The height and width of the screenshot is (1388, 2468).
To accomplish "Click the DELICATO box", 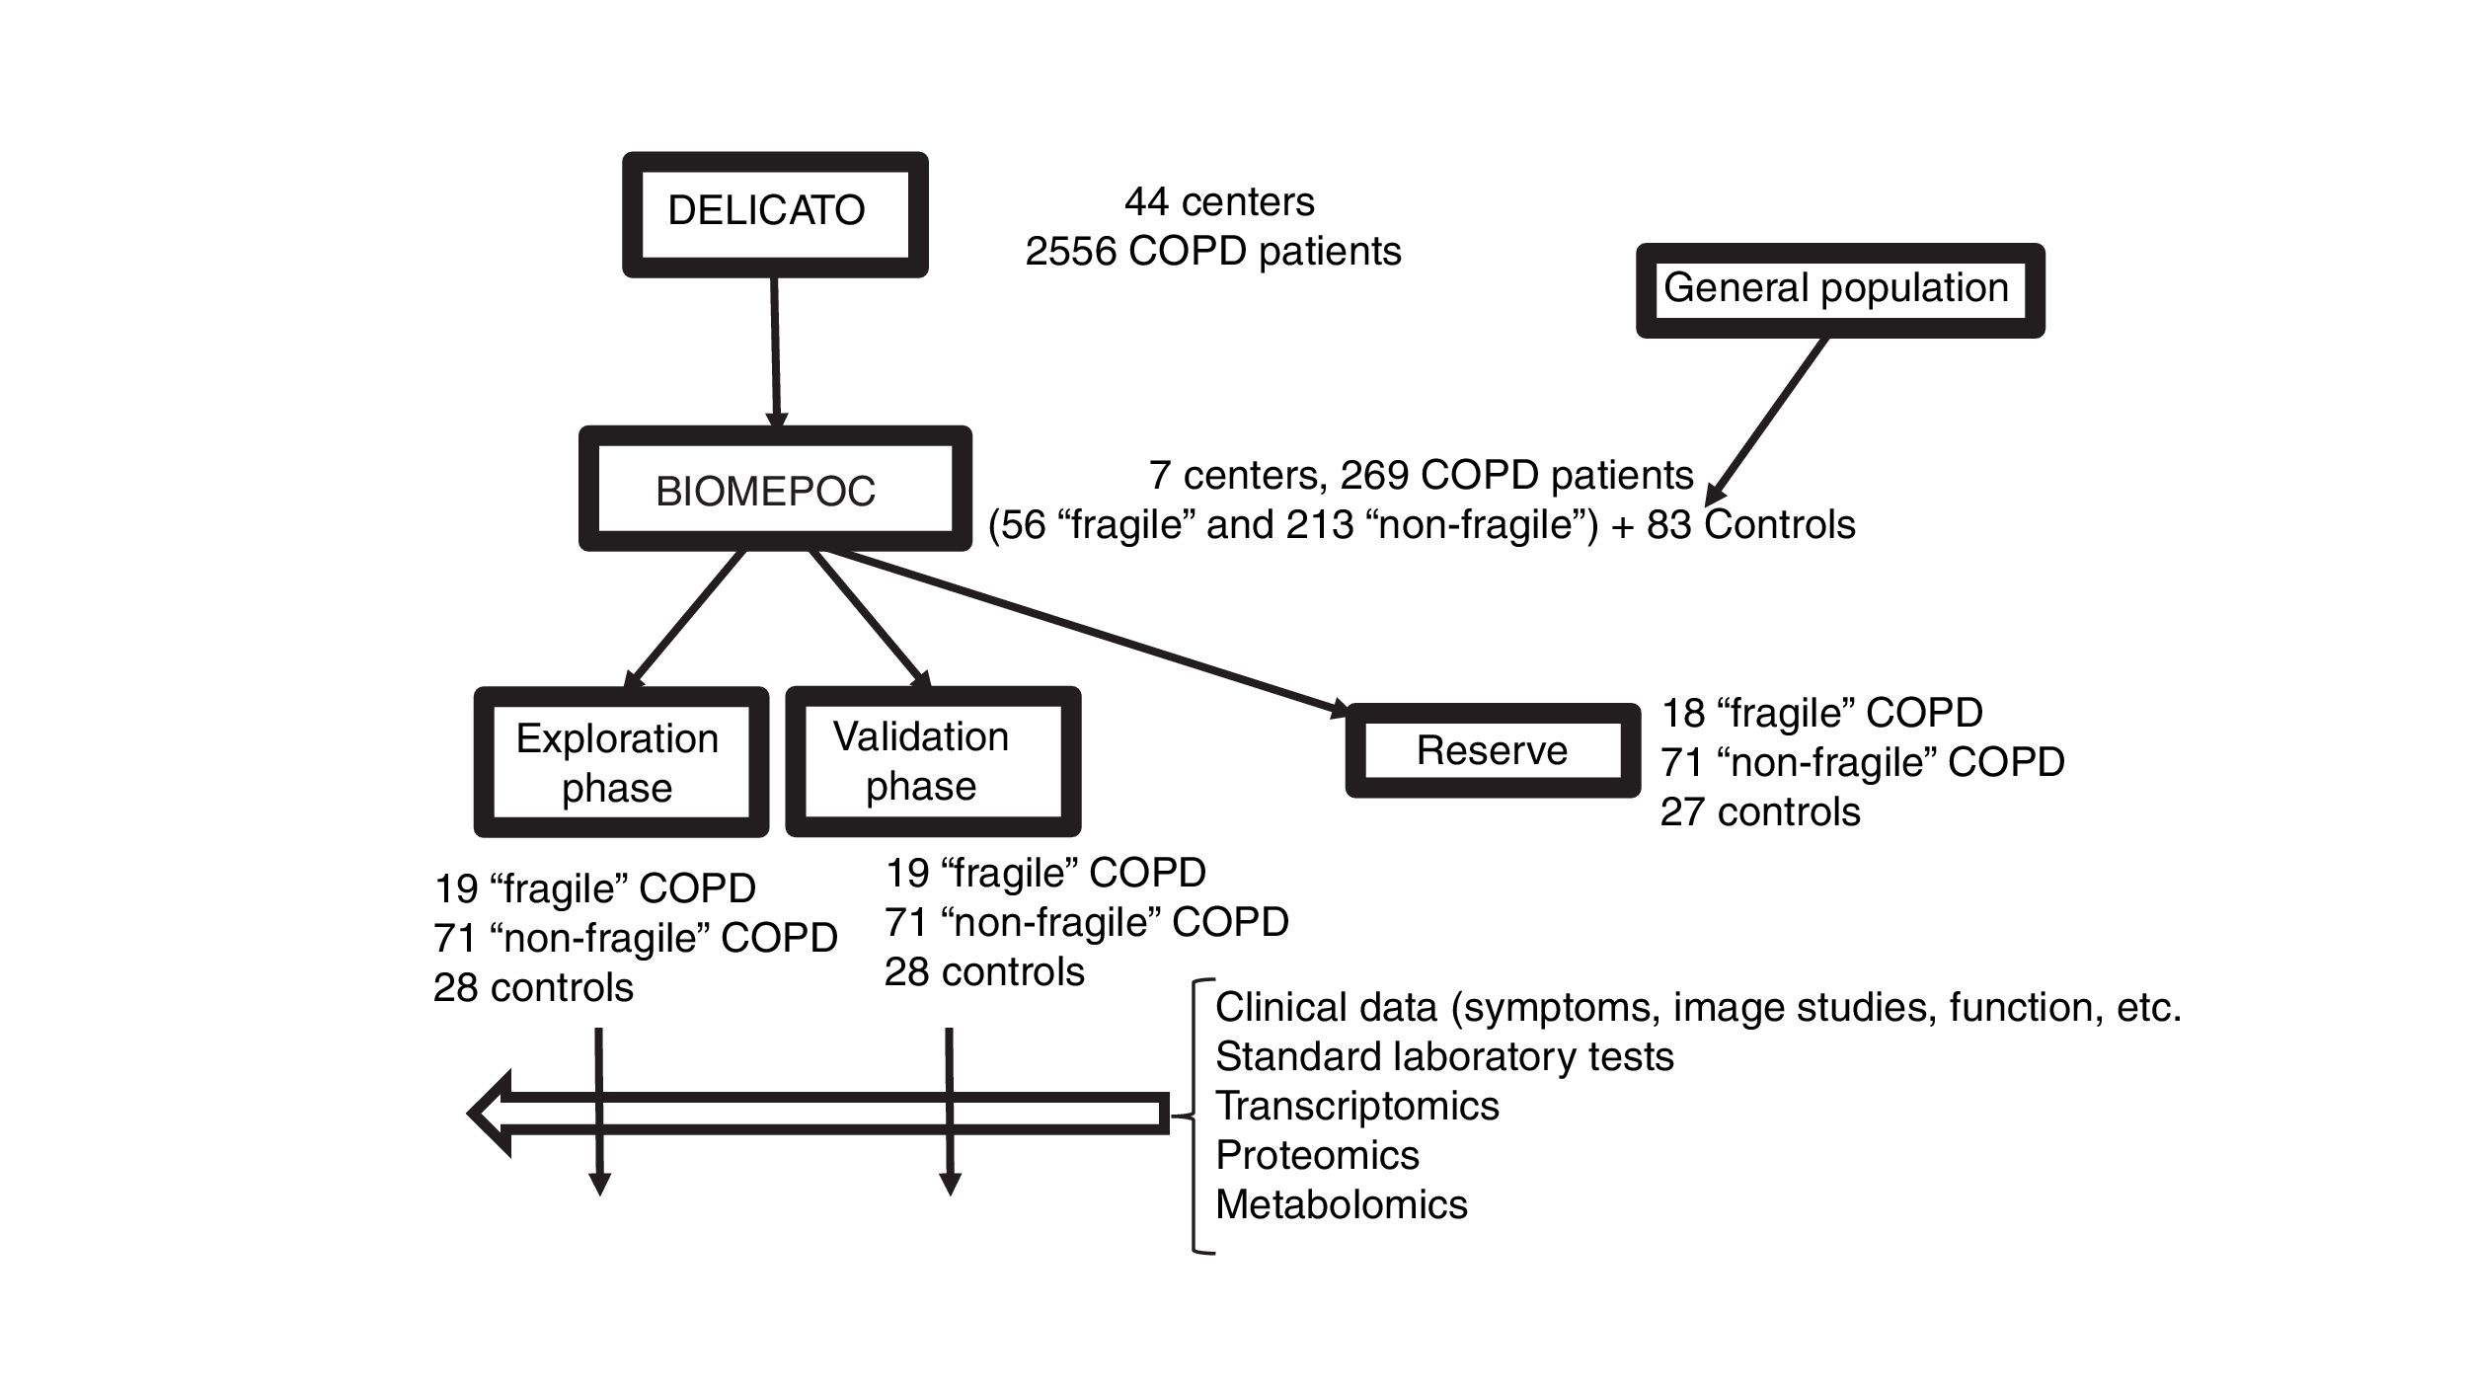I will coord(775,214).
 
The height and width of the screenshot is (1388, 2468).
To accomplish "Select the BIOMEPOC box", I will coord(775,489).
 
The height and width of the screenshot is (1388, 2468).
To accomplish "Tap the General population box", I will coord(1839,290).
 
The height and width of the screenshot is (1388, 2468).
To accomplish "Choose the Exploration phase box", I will coord(621,762).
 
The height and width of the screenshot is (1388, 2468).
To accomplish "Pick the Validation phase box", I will coord(932,761).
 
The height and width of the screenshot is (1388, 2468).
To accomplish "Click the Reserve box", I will coord(1492,750).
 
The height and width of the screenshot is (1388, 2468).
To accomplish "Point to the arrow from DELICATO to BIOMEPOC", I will coord(775,350).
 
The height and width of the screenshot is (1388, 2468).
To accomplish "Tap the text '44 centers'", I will coord(1219,202).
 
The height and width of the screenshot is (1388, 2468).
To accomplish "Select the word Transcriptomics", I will coord(1356,1106).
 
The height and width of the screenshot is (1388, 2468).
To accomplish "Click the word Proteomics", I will coord(1317,1155).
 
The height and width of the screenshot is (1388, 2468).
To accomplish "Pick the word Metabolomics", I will coord(1341,1204).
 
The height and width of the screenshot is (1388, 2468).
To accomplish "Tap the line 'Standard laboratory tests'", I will coord(1444,1056).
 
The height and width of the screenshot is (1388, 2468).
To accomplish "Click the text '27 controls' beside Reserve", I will coord(1759,812).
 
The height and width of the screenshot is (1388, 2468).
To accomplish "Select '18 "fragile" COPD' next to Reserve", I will coord(1821,713).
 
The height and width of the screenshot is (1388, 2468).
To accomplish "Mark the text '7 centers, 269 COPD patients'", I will coord(1421,476).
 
